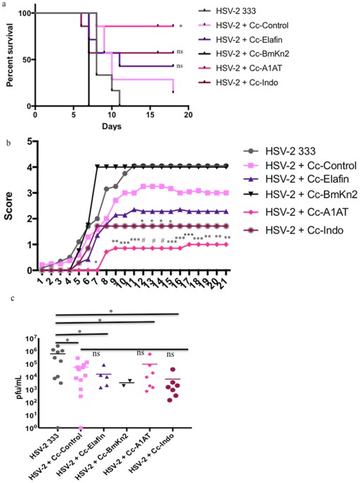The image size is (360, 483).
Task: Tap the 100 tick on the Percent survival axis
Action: [x=23, y=13]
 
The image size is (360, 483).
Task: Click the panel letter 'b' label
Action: [x=5, y=144]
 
